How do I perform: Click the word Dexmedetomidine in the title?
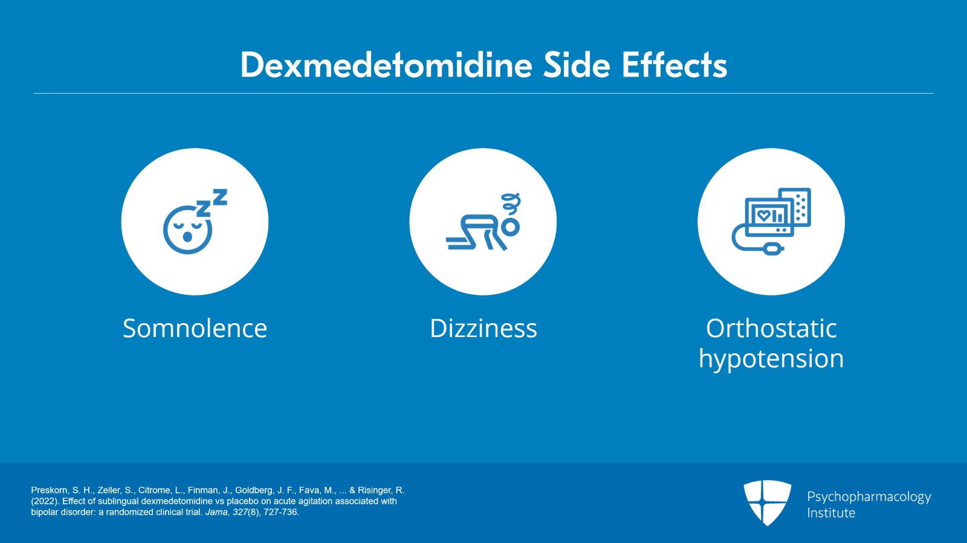386,65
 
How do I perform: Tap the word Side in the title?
577,65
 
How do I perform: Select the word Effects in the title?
674,65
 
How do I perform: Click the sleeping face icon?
188,230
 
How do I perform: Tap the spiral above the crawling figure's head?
511,204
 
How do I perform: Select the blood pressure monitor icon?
771,221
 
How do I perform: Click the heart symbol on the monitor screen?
764,215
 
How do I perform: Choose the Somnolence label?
195,328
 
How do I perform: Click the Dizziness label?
483,328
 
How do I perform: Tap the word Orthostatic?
771,328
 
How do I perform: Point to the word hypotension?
771,359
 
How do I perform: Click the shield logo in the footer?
767,503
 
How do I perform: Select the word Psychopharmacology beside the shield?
869,497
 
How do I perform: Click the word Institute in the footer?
831,513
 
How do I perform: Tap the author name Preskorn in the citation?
50,490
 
